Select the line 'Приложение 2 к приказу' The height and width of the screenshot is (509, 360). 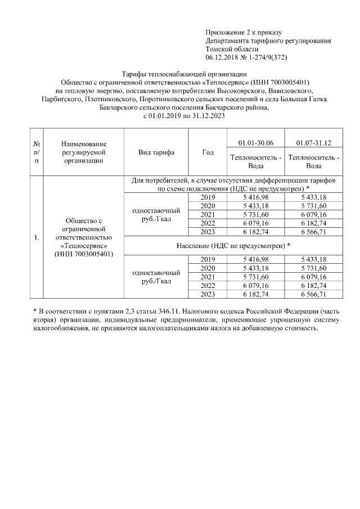pos(243,32)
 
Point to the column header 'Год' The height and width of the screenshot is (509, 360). pos(207,152)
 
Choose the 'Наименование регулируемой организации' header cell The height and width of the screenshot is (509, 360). pos(83,152)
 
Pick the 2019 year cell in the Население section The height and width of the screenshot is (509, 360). pos(208,259)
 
